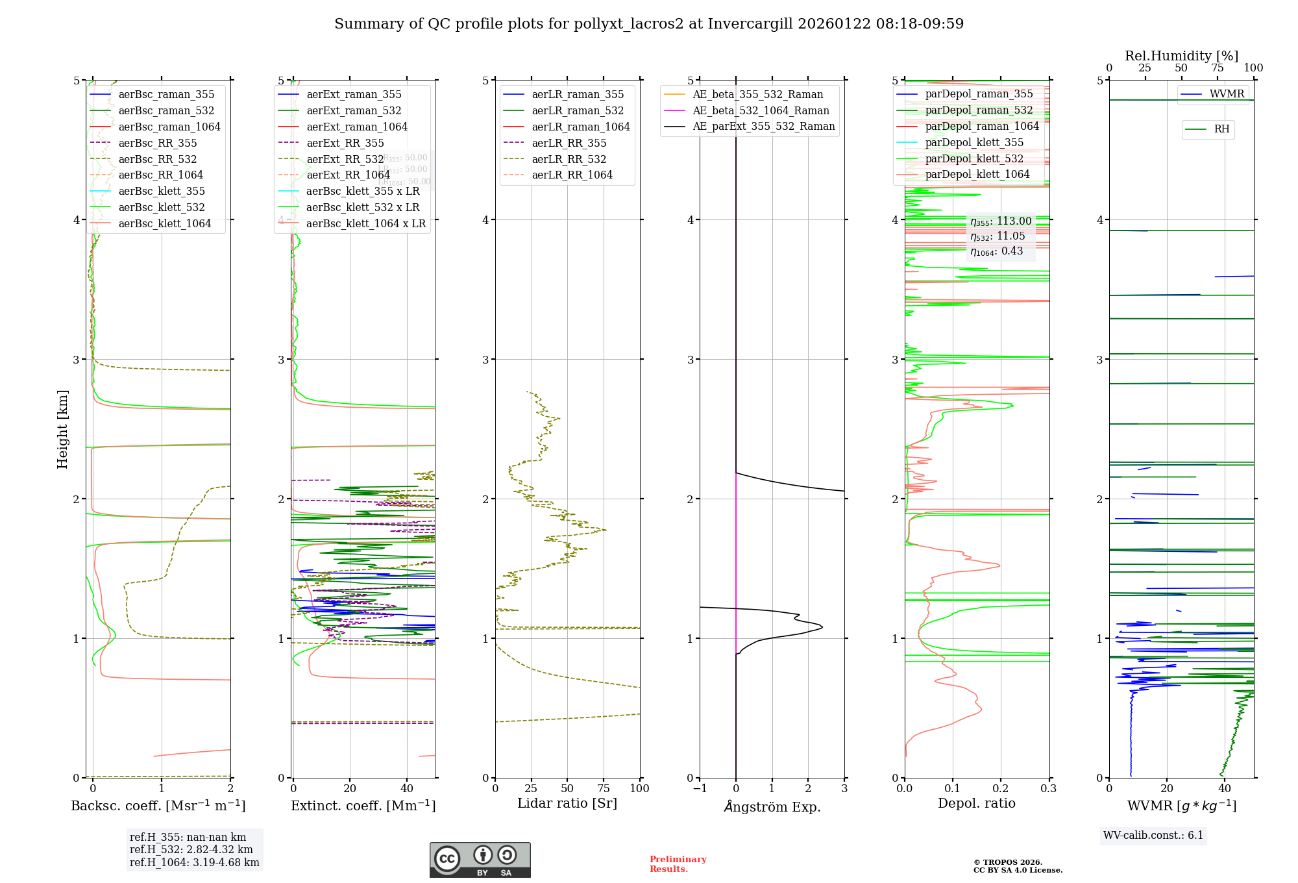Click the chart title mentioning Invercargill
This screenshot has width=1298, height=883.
649,24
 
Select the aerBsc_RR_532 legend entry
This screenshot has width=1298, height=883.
157,159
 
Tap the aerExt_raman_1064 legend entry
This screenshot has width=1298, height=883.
357,127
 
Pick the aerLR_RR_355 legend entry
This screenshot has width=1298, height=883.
569,143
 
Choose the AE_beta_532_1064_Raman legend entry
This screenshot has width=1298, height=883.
761,110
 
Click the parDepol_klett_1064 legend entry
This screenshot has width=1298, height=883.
977,174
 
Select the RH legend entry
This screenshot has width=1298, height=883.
1221,129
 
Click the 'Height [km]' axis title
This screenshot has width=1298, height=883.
62,429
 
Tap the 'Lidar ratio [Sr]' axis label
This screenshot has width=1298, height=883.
567,803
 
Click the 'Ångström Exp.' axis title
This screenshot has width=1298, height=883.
772,806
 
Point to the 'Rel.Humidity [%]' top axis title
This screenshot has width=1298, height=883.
1181,56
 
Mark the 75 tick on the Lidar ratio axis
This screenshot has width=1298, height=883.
604,788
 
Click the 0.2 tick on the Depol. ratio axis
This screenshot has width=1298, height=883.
1001,788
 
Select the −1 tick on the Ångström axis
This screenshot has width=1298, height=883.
700,788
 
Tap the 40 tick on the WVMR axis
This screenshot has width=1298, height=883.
1225,788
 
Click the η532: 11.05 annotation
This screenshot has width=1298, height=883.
998,236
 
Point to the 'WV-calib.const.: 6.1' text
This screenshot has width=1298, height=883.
1153,835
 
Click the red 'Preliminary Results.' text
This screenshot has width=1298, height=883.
678,864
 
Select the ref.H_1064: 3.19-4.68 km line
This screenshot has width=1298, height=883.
194,863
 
